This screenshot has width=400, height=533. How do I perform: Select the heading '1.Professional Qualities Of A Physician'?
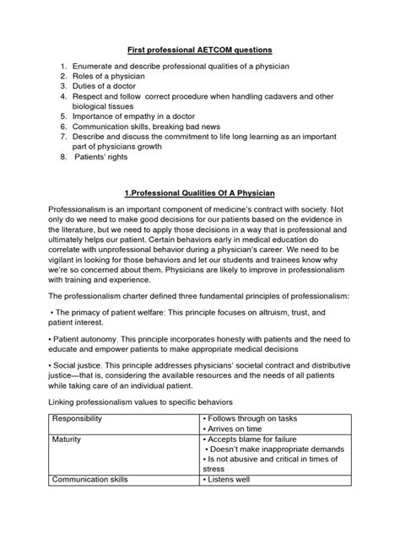(199, 217)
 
